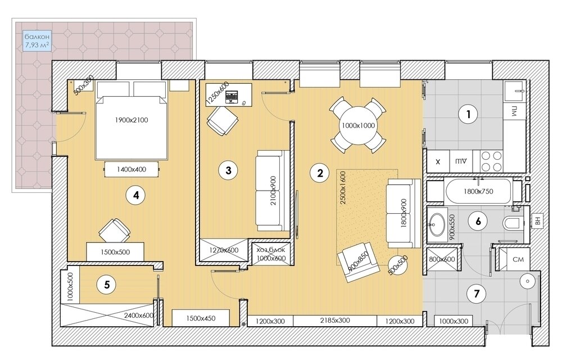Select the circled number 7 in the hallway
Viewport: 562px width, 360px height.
[477, 294]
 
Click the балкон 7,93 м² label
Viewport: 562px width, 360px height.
[37, 40]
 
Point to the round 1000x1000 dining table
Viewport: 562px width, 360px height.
[357, 125]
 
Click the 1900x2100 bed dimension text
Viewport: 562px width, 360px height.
[132, 120]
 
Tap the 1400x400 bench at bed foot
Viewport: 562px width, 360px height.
[132, 169]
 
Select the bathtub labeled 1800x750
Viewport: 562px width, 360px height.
[478, 191]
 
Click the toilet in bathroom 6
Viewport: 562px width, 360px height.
[513, 223]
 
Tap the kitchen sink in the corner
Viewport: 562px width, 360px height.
[515, 91]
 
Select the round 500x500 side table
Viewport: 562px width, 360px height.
[398, 265]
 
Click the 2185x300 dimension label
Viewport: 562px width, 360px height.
[335, 320]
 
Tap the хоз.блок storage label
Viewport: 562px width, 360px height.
[271, 250]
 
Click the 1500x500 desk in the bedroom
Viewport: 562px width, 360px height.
[115, 251]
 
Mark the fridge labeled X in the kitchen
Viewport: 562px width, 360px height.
[438, 161]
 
